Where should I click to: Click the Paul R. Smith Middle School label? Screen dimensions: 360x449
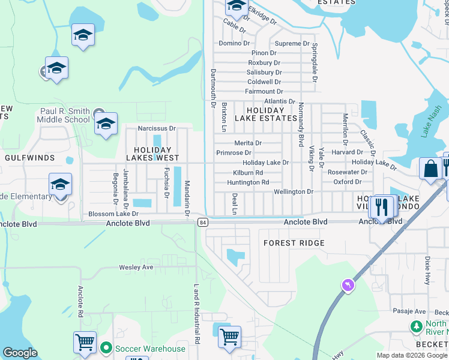coord(65,115)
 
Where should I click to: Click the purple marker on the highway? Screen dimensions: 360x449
coord(348,285)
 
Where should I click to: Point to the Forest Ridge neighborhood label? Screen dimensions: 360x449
coord(294,243)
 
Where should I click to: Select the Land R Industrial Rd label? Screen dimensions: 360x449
coord(196,314)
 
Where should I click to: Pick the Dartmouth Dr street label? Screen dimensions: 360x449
coord(213,88)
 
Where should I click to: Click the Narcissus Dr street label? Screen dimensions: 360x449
coord(156,128)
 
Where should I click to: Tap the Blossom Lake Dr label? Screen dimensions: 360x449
coord(113,214)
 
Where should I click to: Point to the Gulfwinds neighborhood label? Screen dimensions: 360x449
coord(30,158)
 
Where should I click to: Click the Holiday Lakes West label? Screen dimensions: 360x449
coord(152,154)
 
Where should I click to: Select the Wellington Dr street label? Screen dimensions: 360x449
coord(294,191)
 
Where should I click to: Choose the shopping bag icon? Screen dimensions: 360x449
coord(431,169)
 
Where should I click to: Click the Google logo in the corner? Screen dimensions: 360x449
coord(20,353)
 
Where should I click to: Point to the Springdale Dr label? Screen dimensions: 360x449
coord(314,62)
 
